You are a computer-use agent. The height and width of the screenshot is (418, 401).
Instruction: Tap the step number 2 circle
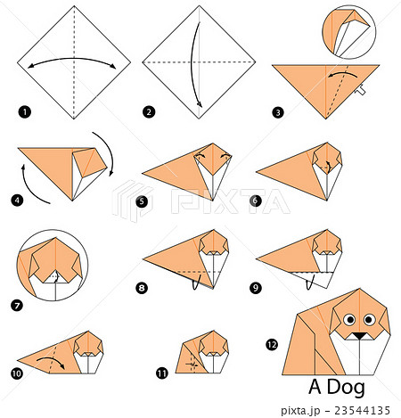click(149, 112)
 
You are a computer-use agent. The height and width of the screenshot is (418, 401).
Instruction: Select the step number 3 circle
click(278, 112)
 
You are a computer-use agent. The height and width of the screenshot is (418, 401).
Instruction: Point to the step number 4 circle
click(17, 201)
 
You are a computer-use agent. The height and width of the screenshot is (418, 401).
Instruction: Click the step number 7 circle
click(17, 306)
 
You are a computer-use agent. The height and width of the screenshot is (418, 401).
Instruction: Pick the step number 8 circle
click(142, 288)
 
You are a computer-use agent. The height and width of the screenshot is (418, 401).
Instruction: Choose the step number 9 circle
click(256, 288)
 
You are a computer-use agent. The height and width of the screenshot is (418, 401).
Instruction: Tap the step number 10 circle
click(17, 373)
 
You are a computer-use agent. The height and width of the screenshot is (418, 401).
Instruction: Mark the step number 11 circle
click(162, 373)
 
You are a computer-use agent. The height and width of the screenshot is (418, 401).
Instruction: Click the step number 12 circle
click(272, 345)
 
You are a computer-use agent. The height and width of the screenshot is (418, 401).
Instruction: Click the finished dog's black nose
click(360, 336)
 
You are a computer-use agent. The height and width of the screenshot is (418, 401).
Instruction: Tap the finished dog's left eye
click(349, 320)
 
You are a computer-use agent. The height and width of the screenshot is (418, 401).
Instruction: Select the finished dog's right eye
click(369, 320)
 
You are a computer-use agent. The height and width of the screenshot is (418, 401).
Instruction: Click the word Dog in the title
click(346, 388)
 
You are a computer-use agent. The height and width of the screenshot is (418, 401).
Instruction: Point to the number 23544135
click(362, 410)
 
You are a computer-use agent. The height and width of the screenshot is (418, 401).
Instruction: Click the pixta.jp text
click(300, 411)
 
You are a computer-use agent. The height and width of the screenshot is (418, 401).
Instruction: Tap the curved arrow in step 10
click(51, 360)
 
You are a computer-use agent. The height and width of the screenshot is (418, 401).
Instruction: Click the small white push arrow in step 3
click(360, 90)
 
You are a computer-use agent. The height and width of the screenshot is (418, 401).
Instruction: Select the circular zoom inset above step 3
click(349, 32)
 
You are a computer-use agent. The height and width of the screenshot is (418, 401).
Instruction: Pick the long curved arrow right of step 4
click(110, 152)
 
